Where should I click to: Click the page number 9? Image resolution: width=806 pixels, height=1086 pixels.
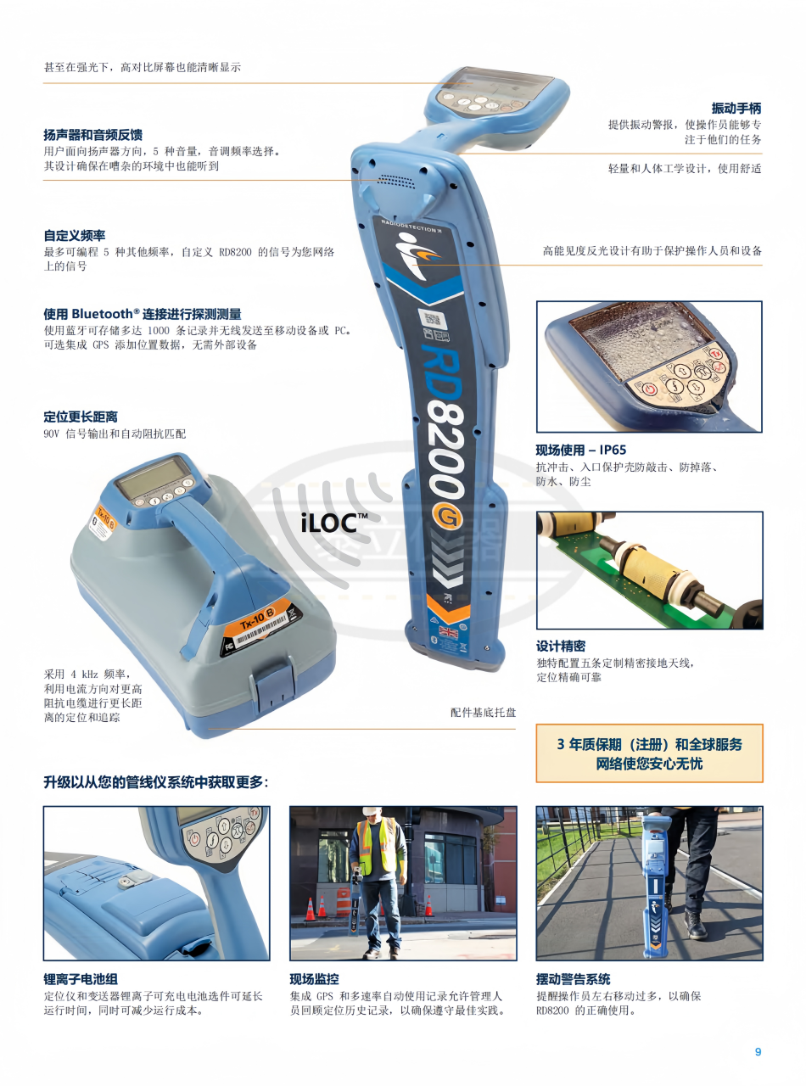(758, 1051)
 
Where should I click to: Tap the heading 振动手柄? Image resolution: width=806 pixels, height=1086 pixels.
(736, 109)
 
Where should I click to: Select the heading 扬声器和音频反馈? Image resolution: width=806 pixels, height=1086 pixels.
(93, 135)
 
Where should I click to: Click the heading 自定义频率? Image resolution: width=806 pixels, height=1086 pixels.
(75, 236)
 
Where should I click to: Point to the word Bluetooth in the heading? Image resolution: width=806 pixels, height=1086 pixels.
(102, 313)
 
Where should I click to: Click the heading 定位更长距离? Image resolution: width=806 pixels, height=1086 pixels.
(81, 417)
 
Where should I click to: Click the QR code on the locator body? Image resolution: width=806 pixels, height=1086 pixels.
(433, 319)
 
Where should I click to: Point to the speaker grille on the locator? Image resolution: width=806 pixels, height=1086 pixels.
(395, 182)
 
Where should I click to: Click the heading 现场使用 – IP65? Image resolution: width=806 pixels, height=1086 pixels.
(581, 450)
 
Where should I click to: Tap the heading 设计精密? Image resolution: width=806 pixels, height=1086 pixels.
(561, 646)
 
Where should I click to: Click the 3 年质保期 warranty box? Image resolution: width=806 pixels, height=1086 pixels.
(649, 753)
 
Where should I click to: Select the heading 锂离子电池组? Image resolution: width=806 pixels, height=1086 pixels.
(81, 979)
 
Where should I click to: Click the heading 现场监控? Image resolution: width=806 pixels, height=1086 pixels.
(315, 979)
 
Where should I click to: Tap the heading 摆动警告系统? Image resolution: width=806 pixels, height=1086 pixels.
(574, 979)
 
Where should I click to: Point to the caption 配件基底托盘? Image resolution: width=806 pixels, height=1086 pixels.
(484, 713)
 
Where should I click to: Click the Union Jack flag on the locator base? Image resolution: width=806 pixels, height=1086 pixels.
(449, 633)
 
